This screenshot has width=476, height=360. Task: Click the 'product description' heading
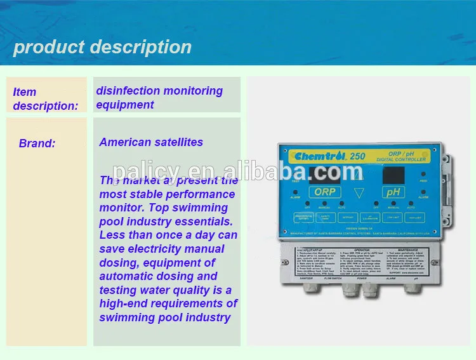pyautogui.click(x=102, y=47)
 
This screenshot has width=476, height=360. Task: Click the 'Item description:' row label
pyautogui.click(x=45, y=99)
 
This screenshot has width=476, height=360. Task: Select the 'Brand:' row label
pyautogui.click(x=37, y=143)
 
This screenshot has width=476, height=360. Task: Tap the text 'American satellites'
pyautogui.click(x=151, y=142)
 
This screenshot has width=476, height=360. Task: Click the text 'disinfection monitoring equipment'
pyautogui.click(x=159, y=98)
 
